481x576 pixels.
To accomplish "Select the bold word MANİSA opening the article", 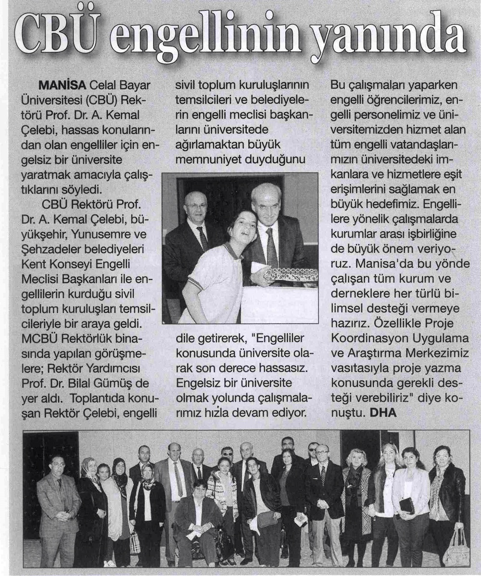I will click(x=62, y=85).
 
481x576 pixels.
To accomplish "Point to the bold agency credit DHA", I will click(x=383, y=412).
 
